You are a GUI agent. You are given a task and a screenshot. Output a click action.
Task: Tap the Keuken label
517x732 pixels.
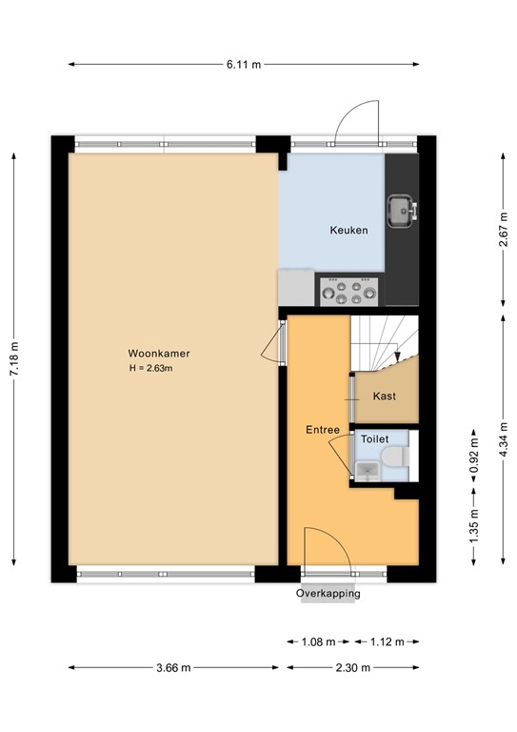348,230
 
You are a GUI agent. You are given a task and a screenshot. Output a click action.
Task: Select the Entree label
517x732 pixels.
323,430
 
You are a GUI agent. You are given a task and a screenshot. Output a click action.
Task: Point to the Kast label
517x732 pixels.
384,396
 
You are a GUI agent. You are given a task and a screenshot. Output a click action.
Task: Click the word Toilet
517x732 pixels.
374,440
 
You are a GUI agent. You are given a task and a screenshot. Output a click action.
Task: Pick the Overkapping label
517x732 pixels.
328,594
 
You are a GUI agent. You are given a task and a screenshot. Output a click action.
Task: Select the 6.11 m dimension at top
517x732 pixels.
243,64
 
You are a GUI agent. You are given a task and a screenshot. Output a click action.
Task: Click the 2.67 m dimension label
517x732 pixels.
501,230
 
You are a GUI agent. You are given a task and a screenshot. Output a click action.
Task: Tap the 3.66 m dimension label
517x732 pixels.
175,667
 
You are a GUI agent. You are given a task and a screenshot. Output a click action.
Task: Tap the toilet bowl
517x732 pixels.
397,458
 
